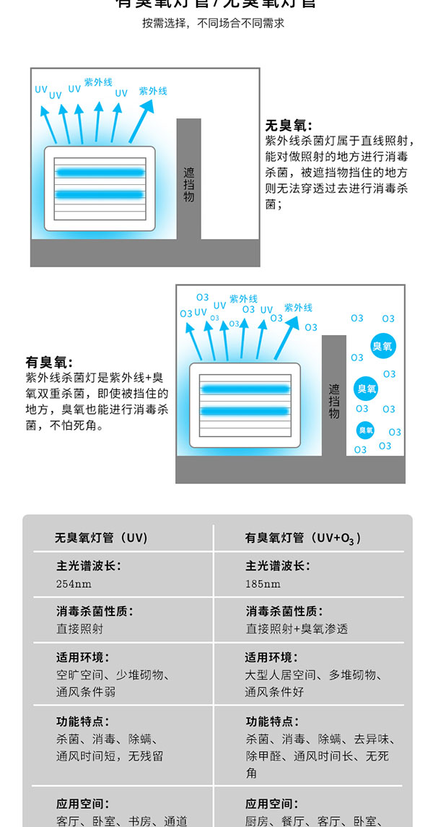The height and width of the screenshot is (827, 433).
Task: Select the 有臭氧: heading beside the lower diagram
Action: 49,362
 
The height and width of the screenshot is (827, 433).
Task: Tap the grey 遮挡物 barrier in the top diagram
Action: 188,180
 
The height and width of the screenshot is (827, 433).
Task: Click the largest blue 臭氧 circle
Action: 382,346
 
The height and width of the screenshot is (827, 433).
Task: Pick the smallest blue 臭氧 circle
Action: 366,430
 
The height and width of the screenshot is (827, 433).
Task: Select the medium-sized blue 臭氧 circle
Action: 367,389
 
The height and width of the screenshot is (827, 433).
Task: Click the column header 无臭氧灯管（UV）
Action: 101,537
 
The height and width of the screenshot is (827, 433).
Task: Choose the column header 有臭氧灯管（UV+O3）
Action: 303,537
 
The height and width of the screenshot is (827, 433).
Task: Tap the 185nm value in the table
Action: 263,584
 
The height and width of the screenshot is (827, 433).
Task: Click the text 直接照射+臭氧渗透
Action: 297,628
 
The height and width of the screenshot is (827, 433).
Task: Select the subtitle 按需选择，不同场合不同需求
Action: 214,23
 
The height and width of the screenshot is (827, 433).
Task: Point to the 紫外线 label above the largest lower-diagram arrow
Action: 298,308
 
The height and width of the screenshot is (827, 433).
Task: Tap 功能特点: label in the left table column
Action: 83,721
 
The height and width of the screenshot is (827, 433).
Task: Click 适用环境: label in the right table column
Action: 271,657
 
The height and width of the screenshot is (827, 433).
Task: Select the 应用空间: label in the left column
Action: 83,803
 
